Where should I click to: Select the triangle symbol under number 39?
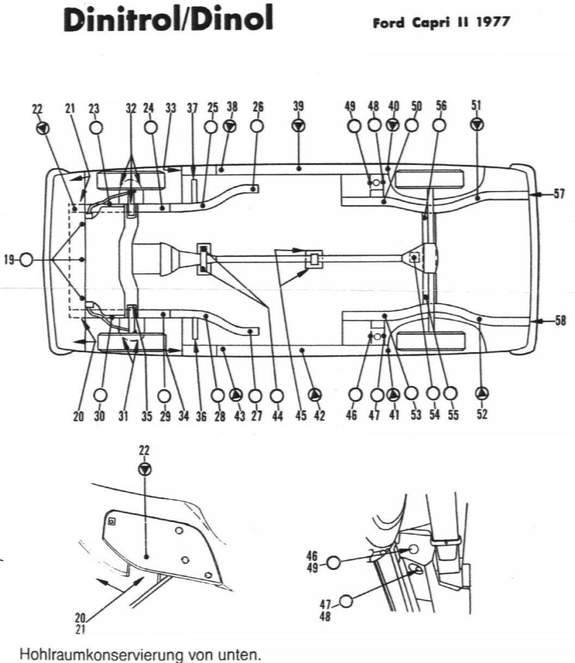click(x=298, y=126)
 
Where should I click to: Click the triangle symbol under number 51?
click(x=477, y=126)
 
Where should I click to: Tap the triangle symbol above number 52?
click(x=482, y=393)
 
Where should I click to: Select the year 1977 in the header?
click(x=493, y=22)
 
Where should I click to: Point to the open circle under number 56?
click(x=440, y=126)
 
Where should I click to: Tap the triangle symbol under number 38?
click(x=230, y=126)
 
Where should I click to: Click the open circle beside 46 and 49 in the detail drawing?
click(x=333, y=563)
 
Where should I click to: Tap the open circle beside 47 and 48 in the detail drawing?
click(x=346, y=601)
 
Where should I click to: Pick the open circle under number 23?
click(x=96, y=127)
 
